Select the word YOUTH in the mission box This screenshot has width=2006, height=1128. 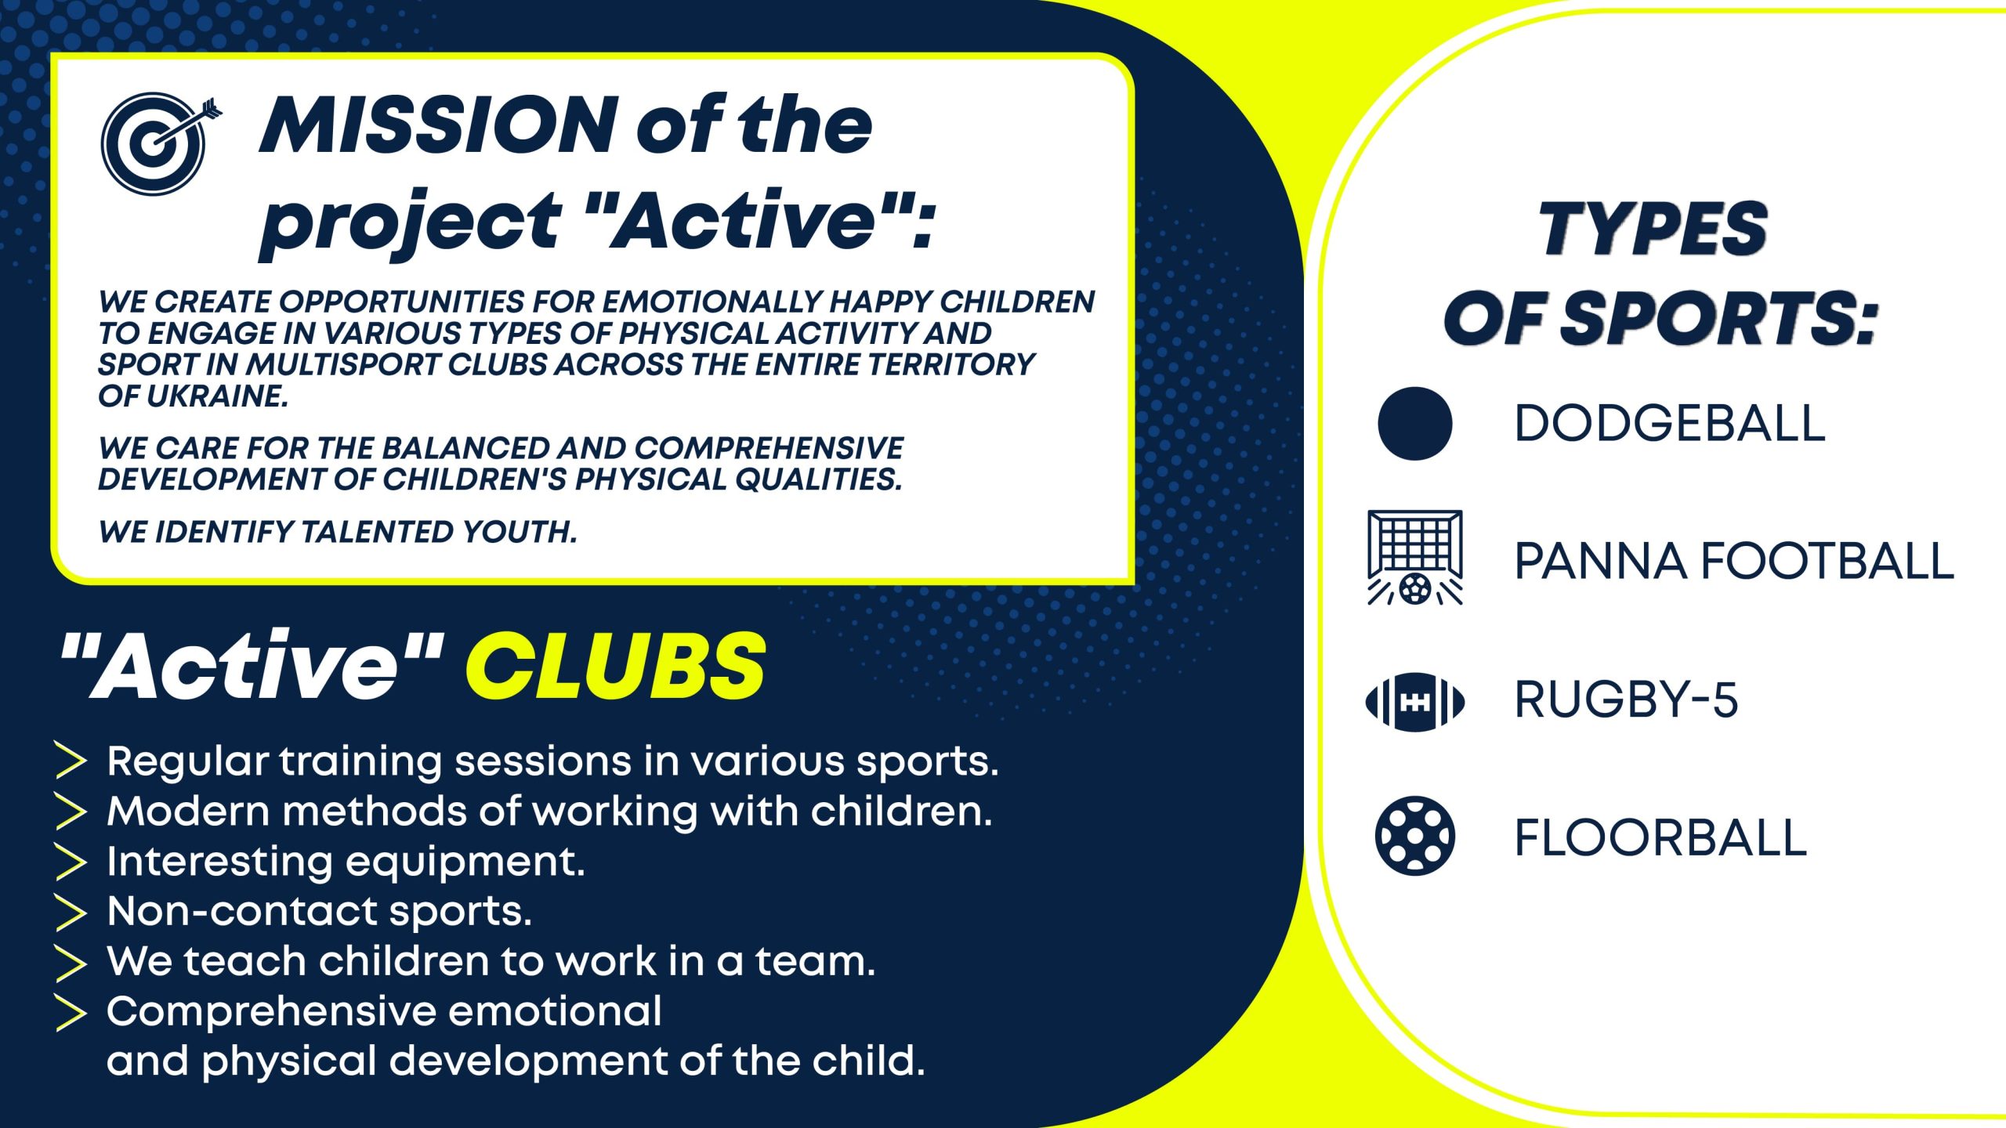point(520,532)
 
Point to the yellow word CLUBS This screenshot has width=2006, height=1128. point(616,666)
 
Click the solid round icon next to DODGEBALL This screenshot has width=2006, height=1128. point(1414,423)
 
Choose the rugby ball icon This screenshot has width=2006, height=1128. point(1414,702)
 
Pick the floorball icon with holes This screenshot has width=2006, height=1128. point(1414,836)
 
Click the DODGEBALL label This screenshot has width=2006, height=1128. point(1670,424)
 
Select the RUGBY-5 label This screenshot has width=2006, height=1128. point(1626,700)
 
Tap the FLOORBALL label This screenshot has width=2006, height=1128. point(1660,837)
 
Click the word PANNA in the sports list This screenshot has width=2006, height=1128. point(1600,562)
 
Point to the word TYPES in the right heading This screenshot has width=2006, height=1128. point(1653,228)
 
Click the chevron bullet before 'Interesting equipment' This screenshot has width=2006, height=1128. point(71,862)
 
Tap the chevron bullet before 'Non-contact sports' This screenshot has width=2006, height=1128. point(71,912)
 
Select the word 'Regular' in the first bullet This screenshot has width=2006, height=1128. point(187,762)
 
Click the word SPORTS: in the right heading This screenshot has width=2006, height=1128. point(1720,318)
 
